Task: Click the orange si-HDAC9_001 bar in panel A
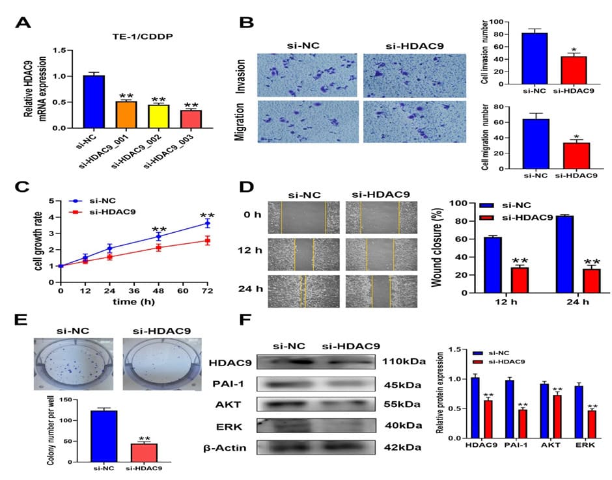126,114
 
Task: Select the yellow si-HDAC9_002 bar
158,116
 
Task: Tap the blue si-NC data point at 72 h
207,223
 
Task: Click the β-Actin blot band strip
316,448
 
